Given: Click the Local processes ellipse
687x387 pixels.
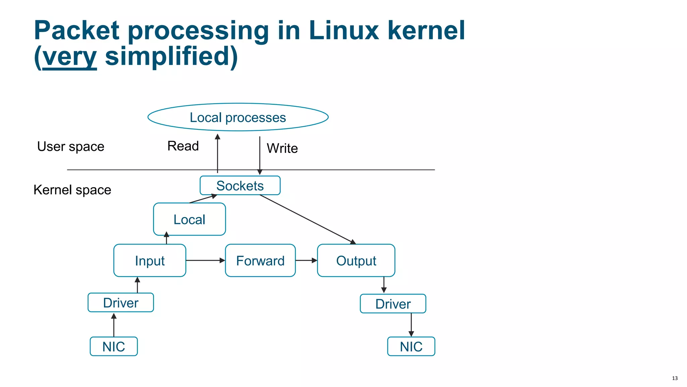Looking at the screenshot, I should (x=238, y=117).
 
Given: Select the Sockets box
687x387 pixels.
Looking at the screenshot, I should (x=240, y=185).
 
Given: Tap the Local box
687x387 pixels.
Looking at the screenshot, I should (x=189, y=219).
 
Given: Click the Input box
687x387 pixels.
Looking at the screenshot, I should (x=150, y=261).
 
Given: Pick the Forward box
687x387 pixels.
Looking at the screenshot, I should (x=260, y=261).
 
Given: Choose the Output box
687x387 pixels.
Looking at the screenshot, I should (x=356, y=261).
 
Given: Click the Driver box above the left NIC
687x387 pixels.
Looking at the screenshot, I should (x=120, y=303).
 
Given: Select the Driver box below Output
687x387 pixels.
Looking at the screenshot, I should (x=393, y=304).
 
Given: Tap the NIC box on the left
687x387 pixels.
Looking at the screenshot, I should (x=114, y=346).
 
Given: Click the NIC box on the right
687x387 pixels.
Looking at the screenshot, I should (x=411, y=346).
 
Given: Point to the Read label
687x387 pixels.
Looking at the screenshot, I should (x=183, y=146).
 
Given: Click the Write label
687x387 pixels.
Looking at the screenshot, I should (x=282, y=148).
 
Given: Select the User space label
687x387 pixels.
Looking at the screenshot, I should (x=71, y=146).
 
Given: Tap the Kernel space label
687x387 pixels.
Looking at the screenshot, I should (x=72, y=190).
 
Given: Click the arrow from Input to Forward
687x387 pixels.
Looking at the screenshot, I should (x=205, y=260).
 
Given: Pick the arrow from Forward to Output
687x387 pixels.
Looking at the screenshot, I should (x=306, y=260).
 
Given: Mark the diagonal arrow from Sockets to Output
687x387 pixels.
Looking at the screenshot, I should (x=307, y=219).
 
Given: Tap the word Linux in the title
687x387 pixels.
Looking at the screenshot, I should (x=343, y=31).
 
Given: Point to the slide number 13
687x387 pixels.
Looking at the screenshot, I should (x=675, y=378).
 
